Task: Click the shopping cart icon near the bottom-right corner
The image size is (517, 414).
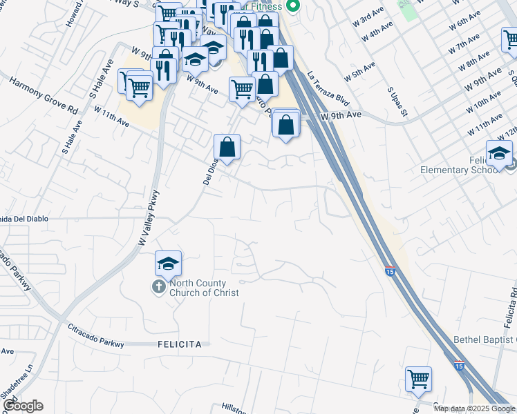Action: (418, 378)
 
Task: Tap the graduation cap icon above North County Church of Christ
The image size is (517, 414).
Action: (168, 264)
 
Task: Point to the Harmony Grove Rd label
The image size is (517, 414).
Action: (44, 95)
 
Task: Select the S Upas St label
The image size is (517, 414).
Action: (399, 101)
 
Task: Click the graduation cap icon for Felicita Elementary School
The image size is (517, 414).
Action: (499, 152)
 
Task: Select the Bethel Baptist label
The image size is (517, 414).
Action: (485, 339)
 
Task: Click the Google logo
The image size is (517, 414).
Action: (23, 406)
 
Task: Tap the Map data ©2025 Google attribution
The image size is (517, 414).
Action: (474, 408)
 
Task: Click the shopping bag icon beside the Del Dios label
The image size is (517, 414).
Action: (227, 146)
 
